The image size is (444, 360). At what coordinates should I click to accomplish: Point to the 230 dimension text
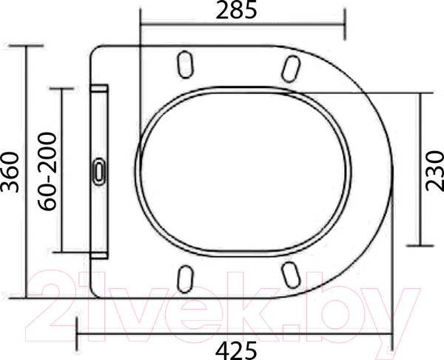coord(434,170)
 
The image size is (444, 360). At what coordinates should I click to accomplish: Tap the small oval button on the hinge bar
coord(100,171)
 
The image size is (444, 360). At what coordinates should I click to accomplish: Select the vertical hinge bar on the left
coord(99,171)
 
